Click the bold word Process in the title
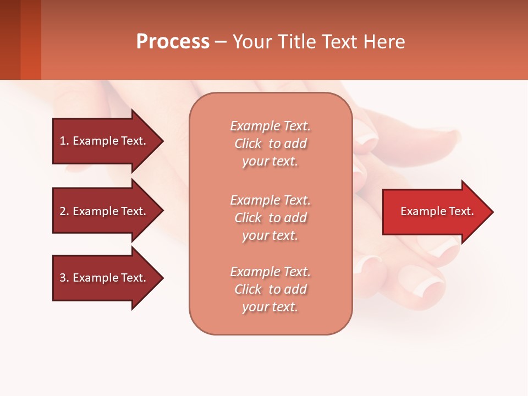[173, 42]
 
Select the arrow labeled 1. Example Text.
[105, 141]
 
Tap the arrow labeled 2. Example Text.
[105, 211]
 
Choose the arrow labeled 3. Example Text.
[105, 278]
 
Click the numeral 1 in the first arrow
[62, 141]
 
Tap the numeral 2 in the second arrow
[62, 211]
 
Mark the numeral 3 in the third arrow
[62, 278]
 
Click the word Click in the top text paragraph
[248, 144]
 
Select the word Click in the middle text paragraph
[248, 218]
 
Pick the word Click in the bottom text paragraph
[248, 289]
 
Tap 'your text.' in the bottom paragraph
[270, 307]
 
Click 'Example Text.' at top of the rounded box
[270, 126]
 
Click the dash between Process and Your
[221, 42]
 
